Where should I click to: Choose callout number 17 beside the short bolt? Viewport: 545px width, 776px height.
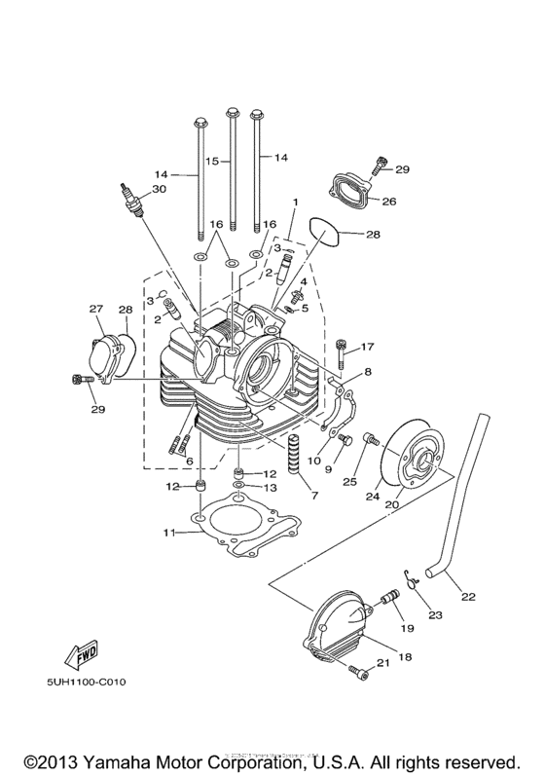click(x=368, y=347)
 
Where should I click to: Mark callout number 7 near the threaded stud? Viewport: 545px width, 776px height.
click(x=313, y=496)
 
